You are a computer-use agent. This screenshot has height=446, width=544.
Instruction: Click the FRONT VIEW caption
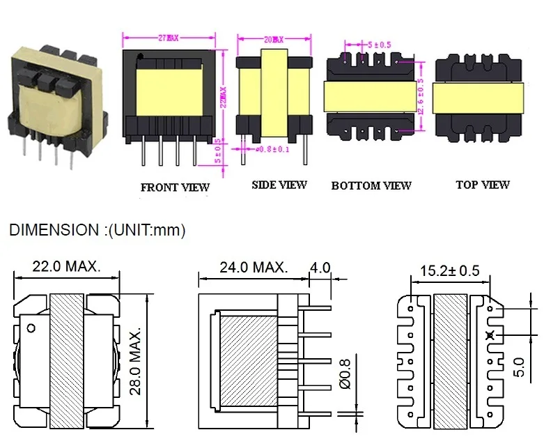click(175, 187)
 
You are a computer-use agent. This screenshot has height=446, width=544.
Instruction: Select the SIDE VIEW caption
click(279, 185)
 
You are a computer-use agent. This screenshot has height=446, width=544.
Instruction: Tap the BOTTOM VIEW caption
click(371, 185)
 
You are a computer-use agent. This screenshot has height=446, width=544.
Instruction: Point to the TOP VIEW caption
click(483, 185)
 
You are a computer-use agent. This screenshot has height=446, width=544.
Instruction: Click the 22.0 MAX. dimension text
click(67, 266)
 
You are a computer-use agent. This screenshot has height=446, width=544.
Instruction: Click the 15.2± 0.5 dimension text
click(449, 270)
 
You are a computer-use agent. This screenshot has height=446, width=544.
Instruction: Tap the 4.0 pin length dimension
click(320, 267)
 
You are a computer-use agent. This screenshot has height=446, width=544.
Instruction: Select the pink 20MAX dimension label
click(272, 39)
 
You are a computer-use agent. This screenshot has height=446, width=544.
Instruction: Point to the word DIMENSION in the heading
click(53, 230)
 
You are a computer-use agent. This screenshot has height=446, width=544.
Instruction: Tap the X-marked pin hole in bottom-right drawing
click(490, 335)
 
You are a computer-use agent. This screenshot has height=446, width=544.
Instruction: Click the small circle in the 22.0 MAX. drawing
click(31, 327)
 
